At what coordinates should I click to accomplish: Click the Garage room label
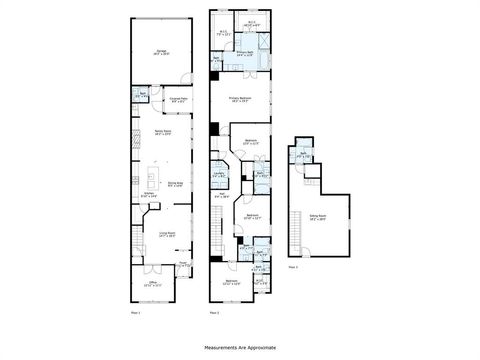(159, 51)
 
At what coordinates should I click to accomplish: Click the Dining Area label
(174, 182)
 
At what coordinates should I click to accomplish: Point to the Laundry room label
(218, 175)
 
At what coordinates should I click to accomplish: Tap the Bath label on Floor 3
(304, 155)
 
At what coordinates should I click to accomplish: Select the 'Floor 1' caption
(136, 313)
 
